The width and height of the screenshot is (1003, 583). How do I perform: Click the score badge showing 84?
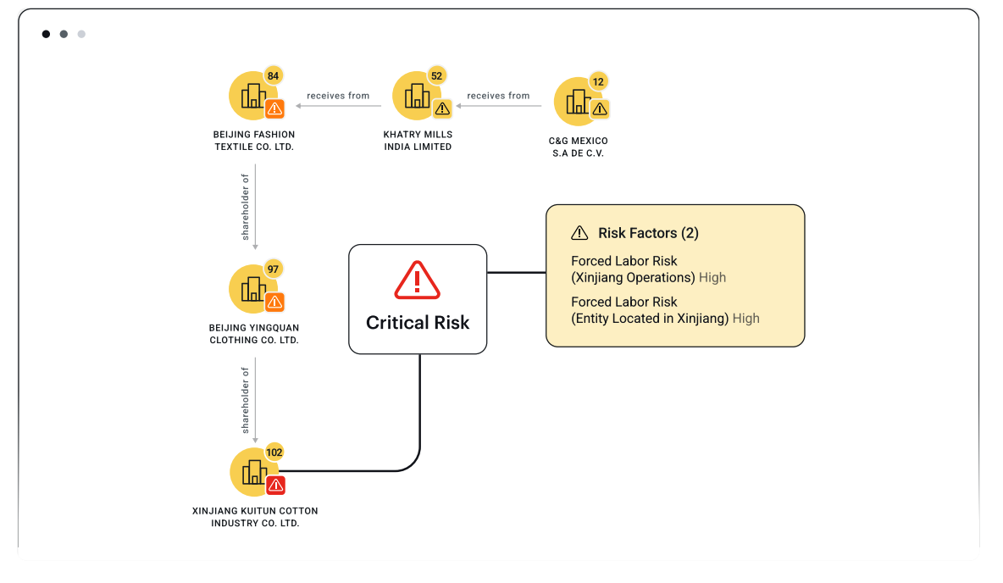tap(273, 76)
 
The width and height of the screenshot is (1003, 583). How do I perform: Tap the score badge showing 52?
tap(436, 76)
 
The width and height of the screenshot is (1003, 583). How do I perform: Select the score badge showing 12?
tap(598, 82)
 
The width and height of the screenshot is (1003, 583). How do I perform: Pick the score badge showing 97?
tap(273, 269)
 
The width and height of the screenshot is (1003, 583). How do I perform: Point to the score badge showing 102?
tap(274, 453)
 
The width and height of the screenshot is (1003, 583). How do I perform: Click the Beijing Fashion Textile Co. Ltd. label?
tap(254, 141)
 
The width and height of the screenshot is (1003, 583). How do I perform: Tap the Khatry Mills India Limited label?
tap(418, 141)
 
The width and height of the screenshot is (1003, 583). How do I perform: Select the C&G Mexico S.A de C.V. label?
tap(579, 147)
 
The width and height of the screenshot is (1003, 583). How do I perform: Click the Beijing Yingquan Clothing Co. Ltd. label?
tap(254, 334)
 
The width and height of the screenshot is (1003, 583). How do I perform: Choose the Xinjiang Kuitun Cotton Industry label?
tap(255, 517)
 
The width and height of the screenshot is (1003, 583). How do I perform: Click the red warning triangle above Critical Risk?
tap(417, 280)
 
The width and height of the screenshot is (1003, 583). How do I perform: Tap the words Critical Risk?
tap(418, 322)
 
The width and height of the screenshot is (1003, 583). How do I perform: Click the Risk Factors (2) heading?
tap(648, 233)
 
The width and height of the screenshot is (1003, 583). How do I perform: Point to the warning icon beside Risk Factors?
tap(579, 233)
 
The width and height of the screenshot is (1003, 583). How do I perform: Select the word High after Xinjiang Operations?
tap(712, 277)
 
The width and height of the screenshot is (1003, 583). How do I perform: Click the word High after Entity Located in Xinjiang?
tap(746, 319)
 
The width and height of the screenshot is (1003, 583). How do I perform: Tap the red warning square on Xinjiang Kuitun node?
tap(275, 485)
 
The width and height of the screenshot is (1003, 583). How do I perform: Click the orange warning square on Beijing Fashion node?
tap(274, 108)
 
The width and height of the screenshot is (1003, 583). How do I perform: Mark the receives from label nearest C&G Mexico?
tap(498, 96)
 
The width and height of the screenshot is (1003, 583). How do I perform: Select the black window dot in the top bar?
tap(46, 34)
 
